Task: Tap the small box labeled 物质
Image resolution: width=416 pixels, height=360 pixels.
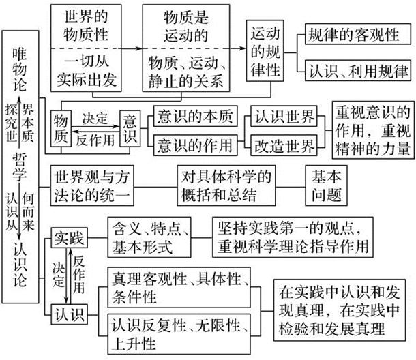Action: tap(61, 129)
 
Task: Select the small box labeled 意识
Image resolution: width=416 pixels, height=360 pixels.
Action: tap(130, 129)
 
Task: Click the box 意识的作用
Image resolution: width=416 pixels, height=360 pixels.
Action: tap(194, 145)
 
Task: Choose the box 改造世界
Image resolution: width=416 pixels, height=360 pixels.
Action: tap(286, 145)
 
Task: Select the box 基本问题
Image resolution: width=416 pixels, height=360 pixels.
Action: tap(326, 185)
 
